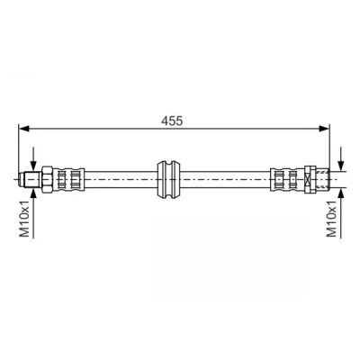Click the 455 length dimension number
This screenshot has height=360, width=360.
[x=172, y=121]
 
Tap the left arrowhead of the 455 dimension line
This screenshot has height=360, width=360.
[x=23, y=129]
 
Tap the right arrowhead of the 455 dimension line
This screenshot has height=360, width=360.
[x=324, y=129]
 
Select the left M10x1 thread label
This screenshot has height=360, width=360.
[x=25, y=219]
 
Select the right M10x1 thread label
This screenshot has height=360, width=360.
[x=332, y=219]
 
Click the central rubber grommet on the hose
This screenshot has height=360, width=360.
[x=169, y=179]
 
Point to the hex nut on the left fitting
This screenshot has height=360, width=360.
[x=47, y=179]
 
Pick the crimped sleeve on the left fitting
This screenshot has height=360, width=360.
[x=68, y=179]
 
